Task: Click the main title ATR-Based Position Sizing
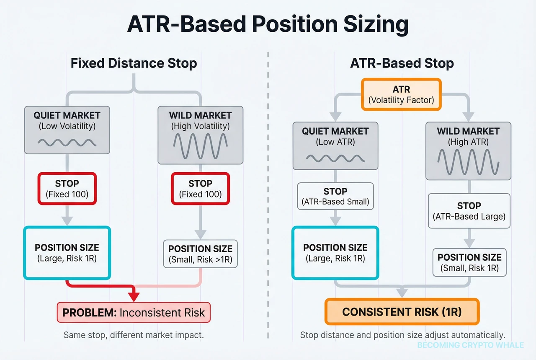pyautogui.click(x=268, y=25)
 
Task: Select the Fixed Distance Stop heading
pyautogui.click(x=134, y=63)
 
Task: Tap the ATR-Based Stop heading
pyautogui.click(x=402, y=63)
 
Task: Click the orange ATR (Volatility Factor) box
pyautogui.click(x=401, y=95)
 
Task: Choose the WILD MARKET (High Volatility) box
pyautogui.click(x=200, y=135)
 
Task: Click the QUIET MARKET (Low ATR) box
pyautogui.click(x=335, y=146)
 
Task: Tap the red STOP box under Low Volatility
pyautogui.click(x=67, y=189)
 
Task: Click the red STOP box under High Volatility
pyautogui.click(x=200, y=189)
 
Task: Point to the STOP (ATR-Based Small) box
pyautogui.click(x=335, y=196)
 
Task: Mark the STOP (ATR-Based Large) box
pyautogui.click(x=469, y=211)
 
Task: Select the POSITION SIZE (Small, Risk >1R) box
pyautogui.click(x=200, y=254)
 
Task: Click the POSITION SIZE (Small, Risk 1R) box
pyautogui.click(x=469, y=262)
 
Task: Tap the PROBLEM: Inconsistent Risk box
pyautogui.click(x=134, y=312)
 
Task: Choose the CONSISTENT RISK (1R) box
pyautogui.click(x=402, y=312)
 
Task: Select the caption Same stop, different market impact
pyautogui.click(x=134, y=335)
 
